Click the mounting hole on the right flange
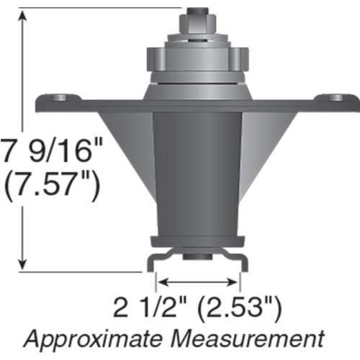(x=336, y=96)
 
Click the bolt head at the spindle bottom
(x=197, y=256)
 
